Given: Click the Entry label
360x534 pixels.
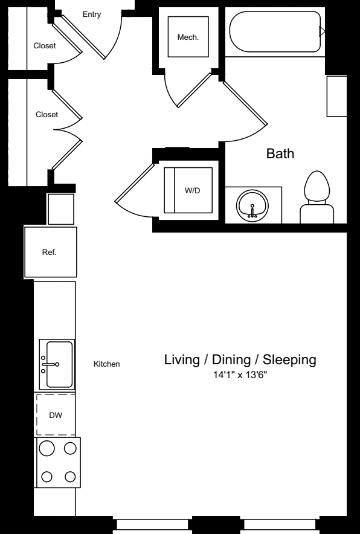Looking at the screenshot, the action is [92, 14].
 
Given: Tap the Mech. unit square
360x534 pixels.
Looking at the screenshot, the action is [188, 37].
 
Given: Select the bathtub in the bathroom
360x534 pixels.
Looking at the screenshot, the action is [275, 31].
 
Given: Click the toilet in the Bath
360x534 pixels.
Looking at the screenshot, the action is [317, 198].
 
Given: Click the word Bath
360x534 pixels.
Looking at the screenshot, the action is [280, 153].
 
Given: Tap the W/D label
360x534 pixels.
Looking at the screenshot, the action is [193, 191].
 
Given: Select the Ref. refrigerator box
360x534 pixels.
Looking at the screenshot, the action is [50, 252].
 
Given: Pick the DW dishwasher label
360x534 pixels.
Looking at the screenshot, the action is [56, 416].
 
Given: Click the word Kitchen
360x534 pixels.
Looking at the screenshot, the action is [106, 364].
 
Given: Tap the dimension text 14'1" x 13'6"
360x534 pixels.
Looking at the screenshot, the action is [240, 375].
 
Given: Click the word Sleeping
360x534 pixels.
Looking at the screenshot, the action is [290, 360].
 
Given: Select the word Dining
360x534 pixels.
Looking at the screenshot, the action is [232, 359].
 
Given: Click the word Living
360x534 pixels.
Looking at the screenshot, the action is [182, 359].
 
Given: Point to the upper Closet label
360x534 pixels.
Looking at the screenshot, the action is [45, 46].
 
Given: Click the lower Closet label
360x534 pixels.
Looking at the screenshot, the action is [47, 115].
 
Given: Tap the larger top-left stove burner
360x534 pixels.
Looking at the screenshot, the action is [47, 448].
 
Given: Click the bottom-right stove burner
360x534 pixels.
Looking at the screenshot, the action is [70, 477].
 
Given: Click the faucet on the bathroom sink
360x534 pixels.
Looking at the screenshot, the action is [252, 211].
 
